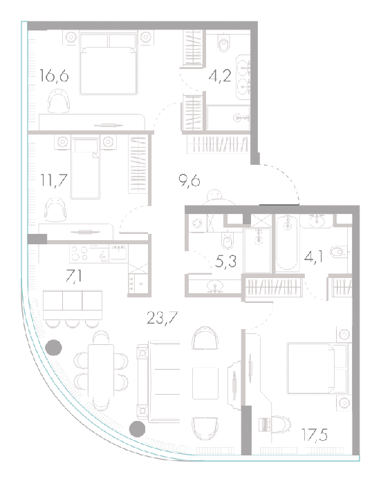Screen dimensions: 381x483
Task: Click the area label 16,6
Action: coord(54,76)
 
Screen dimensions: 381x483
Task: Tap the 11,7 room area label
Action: coord(54,180)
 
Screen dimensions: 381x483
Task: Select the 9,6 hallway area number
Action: coord(189,181)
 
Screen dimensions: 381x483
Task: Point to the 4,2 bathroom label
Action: coord(220,76)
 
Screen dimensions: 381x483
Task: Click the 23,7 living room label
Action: coord(162,318)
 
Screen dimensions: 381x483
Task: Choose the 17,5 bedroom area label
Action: coord(315,435)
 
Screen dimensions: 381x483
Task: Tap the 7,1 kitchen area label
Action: coord(74,276)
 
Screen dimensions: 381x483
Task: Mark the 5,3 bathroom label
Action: coord(225,262)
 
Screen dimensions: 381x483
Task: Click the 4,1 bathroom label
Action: coord(314,257)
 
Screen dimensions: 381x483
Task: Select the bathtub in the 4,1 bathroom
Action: coord(287,244)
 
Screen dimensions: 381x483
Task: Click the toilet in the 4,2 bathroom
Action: coord(223,43)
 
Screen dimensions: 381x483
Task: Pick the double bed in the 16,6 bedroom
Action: coord(109,63)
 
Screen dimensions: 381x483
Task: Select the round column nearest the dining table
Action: coord(53,348)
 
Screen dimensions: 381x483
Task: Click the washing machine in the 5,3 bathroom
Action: coord(196,223)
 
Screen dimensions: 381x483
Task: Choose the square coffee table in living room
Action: coord(205,383)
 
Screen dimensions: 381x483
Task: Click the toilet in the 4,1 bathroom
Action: coord(339,252)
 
